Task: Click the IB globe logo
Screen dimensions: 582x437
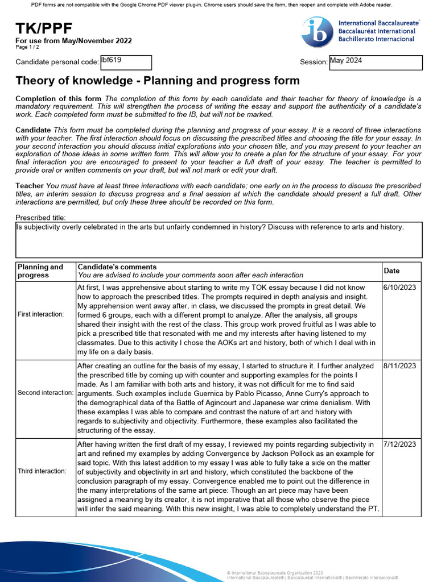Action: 317,32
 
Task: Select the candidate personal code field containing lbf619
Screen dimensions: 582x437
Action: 126,62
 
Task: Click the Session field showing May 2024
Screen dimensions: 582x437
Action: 376,62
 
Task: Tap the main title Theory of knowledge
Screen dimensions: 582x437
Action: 158,81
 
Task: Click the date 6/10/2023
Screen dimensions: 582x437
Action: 400,288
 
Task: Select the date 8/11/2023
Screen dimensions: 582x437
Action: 400,366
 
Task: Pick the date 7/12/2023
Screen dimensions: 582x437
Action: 400,444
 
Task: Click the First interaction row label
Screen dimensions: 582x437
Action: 40,314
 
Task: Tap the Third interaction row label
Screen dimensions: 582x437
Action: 40,471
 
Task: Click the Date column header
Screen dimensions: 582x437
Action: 392,271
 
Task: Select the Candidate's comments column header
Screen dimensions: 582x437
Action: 117,267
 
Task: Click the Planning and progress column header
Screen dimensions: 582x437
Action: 40,271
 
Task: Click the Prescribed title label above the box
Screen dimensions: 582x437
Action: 40,218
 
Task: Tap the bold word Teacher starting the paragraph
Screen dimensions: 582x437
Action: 30,186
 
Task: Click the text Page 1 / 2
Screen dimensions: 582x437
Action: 26,47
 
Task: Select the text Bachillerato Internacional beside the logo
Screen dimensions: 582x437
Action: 376,39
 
